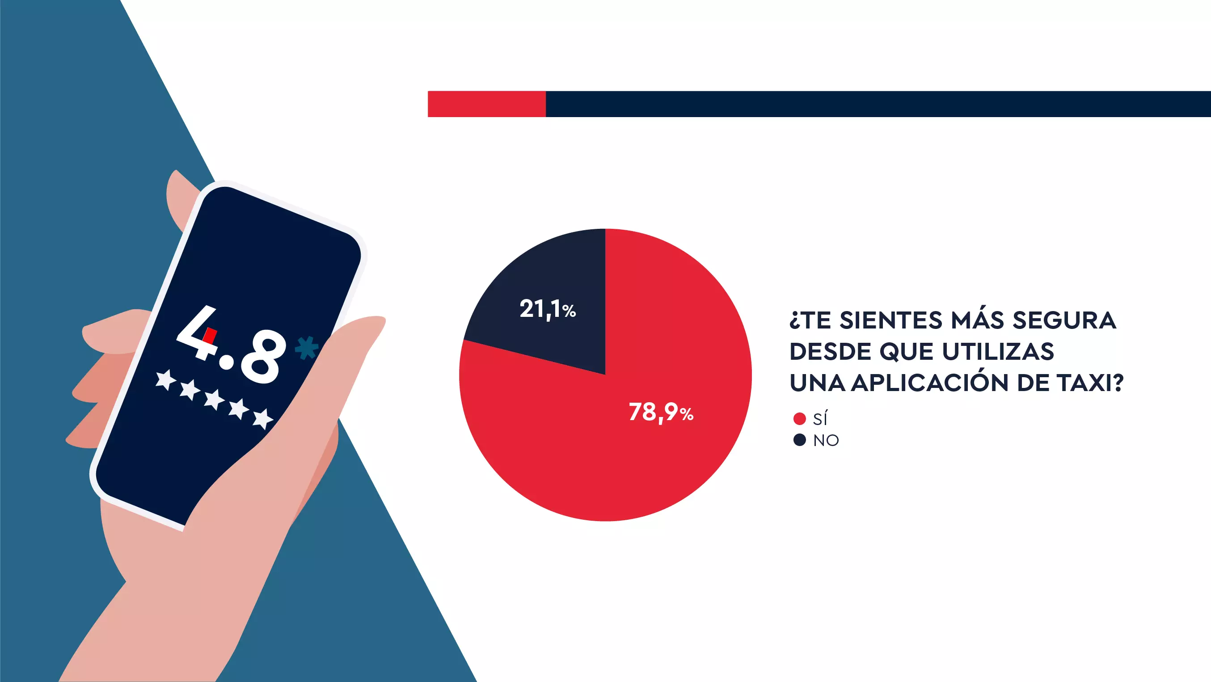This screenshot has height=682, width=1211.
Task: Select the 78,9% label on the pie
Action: coord(661,413)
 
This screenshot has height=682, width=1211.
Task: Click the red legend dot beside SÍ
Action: coord(799,418)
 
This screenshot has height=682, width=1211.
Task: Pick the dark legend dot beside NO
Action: coord(799,440)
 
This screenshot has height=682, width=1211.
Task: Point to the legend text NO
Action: coord(826,440)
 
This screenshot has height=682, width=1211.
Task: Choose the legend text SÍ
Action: coord(820,418)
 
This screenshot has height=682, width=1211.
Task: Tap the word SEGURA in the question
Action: coord(1064,320)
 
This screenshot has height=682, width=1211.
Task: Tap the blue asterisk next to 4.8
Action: coord(306,348)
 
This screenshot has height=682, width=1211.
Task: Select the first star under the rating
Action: coord(165,379)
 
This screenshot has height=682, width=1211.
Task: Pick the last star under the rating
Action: coord(263,418)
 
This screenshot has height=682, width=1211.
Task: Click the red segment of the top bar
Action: coord(486,104)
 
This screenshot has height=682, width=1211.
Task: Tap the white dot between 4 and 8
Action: coord(227,362)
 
